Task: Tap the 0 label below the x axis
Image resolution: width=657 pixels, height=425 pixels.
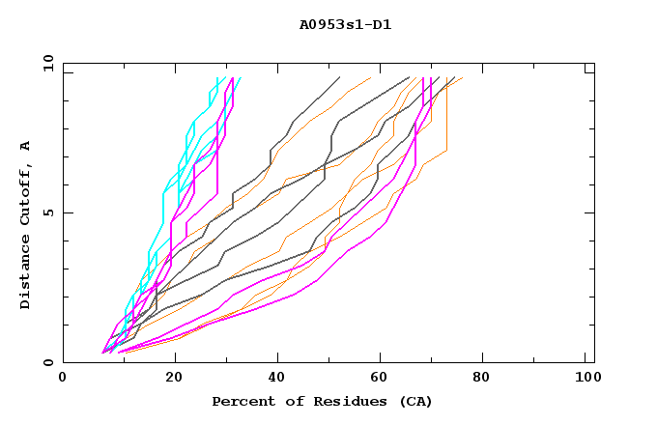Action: (64, 378)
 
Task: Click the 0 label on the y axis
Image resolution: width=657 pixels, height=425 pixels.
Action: (47, 363)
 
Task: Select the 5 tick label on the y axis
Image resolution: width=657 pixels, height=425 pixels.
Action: (47, 212)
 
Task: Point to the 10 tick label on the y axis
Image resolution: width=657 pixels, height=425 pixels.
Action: (44, 63)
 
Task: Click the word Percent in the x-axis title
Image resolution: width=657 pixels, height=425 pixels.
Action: (242, 401)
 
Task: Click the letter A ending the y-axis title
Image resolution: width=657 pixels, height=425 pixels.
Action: (25, 145)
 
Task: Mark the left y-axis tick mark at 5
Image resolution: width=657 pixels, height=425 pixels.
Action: (67, 212)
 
